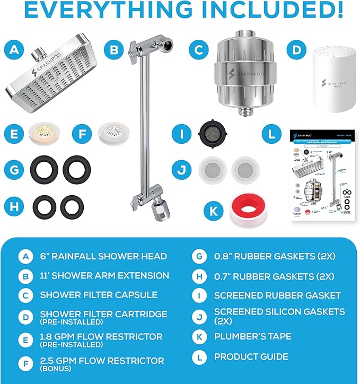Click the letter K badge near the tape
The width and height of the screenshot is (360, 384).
pyautogui.click(x=214, y=211)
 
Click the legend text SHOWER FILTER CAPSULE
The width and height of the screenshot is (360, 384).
pyautogui.click(x=98, y=295)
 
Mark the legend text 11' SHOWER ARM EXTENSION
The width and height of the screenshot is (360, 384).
pyautogui.click(x=104, y=275)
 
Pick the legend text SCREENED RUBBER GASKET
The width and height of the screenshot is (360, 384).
pyautogui.click(x=277, y=295)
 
